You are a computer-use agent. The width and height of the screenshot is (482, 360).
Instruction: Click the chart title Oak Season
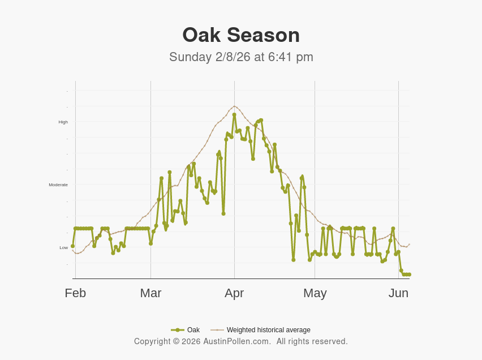pos(241,35)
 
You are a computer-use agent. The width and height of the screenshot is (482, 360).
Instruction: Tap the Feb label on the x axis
pos(75,293)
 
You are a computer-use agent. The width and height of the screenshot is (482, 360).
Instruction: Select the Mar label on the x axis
pos(150,293)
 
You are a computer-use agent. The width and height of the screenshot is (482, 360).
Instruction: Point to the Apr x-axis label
pos(234,293)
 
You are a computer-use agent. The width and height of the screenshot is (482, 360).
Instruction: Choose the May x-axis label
pos(315,293)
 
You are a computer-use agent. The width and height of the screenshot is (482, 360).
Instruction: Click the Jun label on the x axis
pos(398,293)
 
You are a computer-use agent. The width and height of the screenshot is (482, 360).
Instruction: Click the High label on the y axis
pos(63,122)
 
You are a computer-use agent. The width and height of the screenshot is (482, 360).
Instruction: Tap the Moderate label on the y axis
pos(58,185)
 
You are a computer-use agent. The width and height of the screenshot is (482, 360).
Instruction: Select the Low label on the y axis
pos(63,248)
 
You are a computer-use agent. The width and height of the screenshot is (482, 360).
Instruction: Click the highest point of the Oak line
pos(234,114)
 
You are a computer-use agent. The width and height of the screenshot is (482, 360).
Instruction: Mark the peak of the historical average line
pos(234,106)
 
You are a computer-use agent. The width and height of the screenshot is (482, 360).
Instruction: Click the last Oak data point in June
pos(409,275)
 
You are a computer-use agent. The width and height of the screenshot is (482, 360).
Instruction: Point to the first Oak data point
pos(73,246)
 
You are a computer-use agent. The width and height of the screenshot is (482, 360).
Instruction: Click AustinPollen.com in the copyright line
pos(237,341)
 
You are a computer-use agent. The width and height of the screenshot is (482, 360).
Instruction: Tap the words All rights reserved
pos(312,341)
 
